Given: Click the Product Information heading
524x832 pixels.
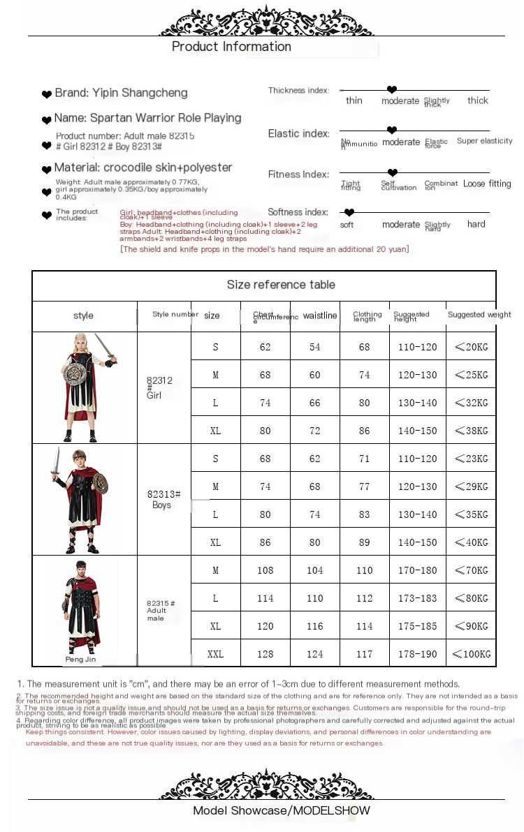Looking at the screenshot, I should coord(231,47).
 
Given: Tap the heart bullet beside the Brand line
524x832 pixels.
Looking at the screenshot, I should coord(47,94).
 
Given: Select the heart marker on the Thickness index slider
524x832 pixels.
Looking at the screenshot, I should coord(392,90).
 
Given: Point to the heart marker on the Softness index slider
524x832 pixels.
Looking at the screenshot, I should coord(349,212).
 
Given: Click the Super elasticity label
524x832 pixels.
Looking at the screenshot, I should coord(485,141).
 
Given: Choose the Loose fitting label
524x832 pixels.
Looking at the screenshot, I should coord(487,184).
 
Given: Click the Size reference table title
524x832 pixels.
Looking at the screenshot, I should coord(281,285).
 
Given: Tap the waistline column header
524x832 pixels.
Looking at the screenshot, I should coord(319,315).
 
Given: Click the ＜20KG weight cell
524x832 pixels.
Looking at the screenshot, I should coord(472,347).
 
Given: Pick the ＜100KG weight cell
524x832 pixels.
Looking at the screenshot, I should coord(472,654).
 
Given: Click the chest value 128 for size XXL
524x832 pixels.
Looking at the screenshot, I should coord(265,654).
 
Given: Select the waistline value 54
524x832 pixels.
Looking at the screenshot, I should coord(315,347).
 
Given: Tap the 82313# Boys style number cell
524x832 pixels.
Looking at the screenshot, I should coord(164,499).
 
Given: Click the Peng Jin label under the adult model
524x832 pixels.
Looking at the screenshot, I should coord(80,659).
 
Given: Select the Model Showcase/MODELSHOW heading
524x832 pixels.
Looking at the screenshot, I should coord(282,810).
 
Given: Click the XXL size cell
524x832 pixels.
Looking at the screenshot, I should coord(215,654).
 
